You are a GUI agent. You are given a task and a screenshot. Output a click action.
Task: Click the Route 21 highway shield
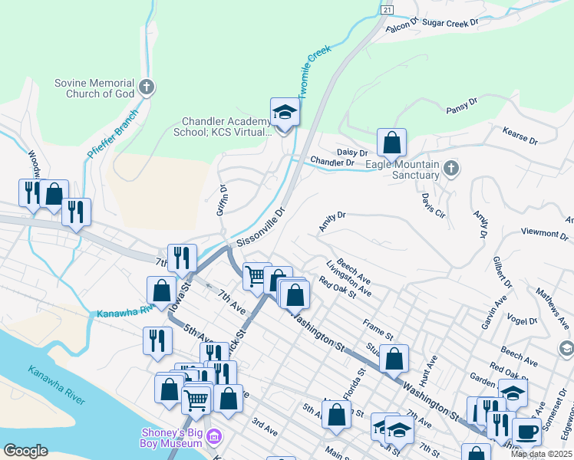click(387, 9)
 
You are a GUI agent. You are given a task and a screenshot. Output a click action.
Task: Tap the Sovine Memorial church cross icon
click(146, 87)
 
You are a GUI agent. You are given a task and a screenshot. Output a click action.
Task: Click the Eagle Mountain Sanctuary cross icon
click(451, 169)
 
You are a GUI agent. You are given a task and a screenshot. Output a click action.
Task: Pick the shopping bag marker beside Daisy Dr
click(391, 143)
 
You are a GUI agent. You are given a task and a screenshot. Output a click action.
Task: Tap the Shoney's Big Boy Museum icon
click(214, 437)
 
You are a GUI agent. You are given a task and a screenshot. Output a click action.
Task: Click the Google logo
click(25, 450)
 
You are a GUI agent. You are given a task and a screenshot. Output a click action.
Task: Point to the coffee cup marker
click(526, 432)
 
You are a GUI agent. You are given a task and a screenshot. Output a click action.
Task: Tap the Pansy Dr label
click(461, 105)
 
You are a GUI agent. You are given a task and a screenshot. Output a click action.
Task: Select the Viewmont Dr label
click(543, 232)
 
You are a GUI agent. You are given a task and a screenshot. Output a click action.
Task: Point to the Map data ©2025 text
click(541, 454)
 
